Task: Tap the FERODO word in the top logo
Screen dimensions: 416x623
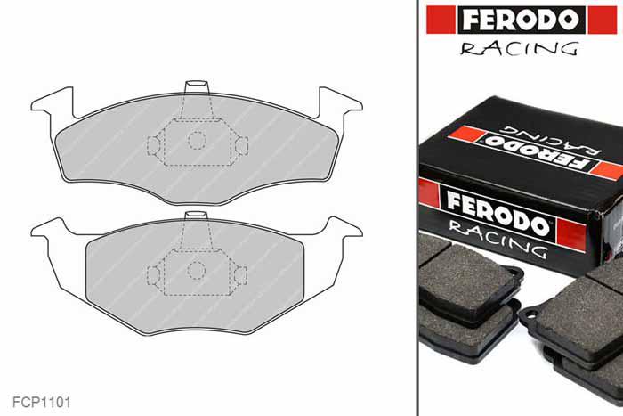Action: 522,20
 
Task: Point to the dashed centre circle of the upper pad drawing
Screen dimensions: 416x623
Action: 196,140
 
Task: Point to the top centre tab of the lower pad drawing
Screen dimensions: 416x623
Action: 196,216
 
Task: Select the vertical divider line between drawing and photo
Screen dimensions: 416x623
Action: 417,208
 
